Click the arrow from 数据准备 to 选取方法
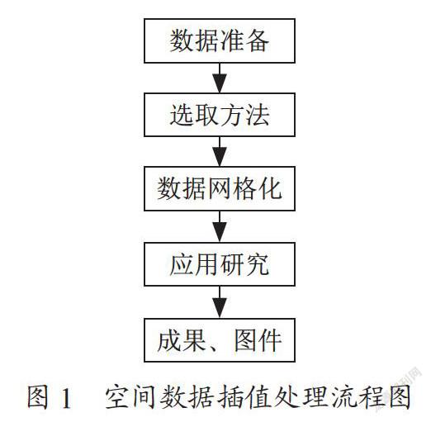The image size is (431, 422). [220, 78]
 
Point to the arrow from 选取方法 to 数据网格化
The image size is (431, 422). [220, 151]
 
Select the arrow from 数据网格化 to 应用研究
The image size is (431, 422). [220, 226]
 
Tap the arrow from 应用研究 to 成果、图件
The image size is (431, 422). [220, 302]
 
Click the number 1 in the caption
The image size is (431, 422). [66, 399]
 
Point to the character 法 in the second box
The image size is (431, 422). [258, 115]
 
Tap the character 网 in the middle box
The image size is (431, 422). [220, 188]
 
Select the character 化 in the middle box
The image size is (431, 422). [270, 188]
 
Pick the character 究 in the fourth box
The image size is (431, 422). [258, 264]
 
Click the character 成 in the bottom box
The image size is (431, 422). [169, 340]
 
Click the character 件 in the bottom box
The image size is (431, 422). [270, 340]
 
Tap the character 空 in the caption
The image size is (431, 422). [117, 397]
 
